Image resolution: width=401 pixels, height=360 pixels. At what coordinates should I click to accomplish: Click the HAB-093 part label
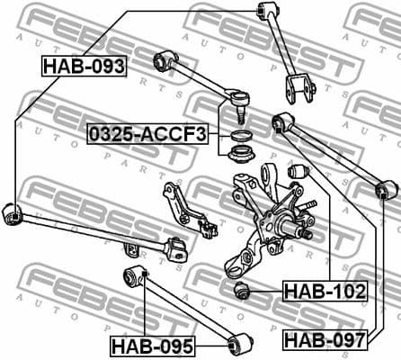pos(84,66)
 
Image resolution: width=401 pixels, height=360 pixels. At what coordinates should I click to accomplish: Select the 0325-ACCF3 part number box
pos(147,135)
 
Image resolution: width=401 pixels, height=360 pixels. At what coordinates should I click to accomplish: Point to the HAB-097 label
pos(325,339)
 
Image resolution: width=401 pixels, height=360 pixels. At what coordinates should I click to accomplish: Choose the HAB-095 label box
pos(153,345)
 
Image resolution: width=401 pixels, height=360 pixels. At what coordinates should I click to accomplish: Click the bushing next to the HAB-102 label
pos(242,290)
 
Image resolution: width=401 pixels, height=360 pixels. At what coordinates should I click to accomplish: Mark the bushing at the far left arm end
pos(13,214)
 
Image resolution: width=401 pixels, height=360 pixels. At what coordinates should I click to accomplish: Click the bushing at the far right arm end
pos(387,190)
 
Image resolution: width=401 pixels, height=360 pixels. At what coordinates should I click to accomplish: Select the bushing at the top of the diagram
pos(265,11)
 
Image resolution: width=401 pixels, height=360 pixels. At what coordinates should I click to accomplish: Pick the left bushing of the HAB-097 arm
pos(283,121)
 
